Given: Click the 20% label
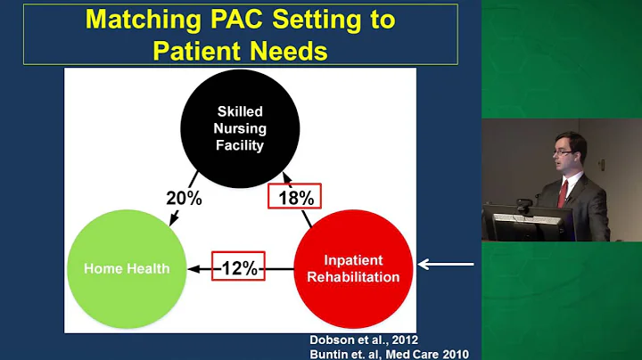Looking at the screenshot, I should click(185, 198).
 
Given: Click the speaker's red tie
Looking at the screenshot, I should click(564, 192).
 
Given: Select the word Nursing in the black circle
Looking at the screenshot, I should click(241, 128).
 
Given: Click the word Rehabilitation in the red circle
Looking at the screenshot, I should click(353, 275).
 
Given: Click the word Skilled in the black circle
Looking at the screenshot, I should click(241, 112).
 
